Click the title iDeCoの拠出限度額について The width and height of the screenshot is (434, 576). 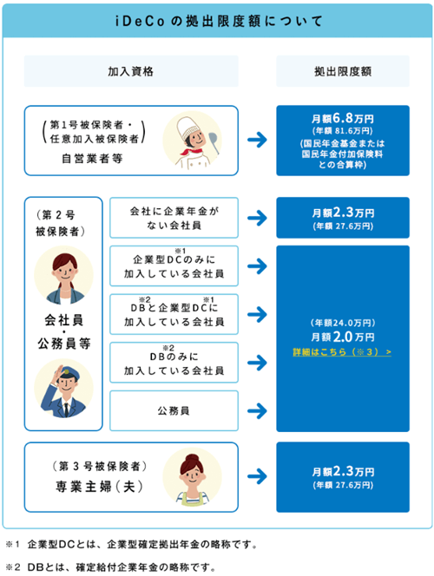pos(219,21)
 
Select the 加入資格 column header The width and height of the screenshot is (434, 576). pos(131,71)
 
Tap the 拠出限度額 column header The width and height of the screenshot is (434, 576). pos(343,71)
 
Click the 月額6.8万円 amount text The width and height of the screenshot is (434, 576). pos(343,118)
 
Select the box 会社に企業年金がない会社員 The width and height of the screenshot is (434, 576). pos(174,218)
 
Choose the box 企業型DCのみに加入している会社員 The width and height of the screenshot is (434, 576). pos(174,266)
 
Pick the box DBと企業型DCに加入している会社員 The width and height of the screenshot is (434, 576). pos(174,314)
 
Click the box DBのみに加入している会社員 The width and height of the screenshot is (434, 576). pos(174,363)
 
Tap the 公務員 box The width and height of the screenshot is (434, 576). pos(174,410)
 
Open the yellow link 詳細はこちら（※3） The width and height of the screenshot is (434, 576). pos(342,352)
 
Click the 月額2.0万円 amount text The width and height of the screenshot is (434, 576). pos(343,337)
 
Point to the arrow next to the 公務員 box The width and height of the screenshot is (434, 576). pos(257,410)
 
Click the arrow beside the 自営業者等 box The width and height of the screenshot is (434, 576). pos(257,140)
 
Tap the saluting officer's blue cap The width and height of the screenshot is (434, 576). pos(68,373)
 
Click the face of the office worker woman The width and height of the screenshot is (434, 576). pos(65,272)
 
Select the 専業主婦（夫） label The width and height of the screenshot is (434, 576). pos(99,487)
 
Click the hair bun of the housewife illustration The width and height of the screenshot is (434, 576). pos(192,458)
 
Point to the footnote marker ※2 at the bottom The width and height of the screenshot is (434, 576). pos(13,567)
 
